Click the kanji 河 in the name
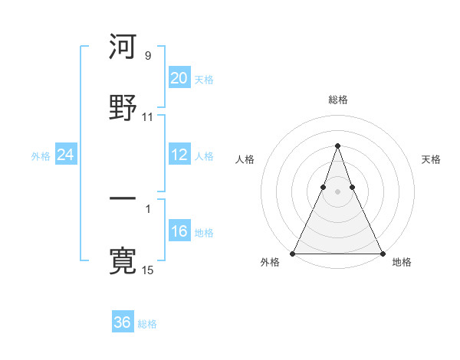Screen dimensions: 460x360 tap(123, 47)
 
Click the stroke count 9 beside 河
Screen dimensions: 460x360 tap(147, 56)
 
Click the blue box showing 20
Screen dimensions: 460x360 tap(179, 78)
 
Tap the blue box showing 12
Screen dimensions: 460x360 tap(179, 155)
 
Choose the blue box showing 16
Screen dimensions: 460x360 tap(179, 231)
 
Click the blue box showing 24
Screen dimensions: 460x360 tap(66, 155)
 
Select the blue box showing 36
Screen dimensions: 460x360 tap(123, 322)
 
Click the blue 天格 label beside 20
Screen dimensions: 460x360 tap(204, 80)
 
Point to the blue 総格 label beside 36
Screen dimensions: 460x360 tap(147, 324)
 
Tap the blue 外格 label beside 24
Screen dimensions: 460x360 tap(41, 156)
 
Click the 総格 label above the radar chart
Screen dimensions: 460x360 tap(337, 100)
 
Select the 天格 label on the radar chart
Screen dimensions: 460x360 tap(431, 159)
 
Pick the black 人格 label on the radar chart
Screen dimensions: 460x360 tap(245, 159)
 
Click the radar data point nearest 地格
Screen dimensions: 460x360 tap(382, 253)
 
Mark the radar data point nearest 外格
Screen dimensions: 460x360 tap(293, 253)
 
